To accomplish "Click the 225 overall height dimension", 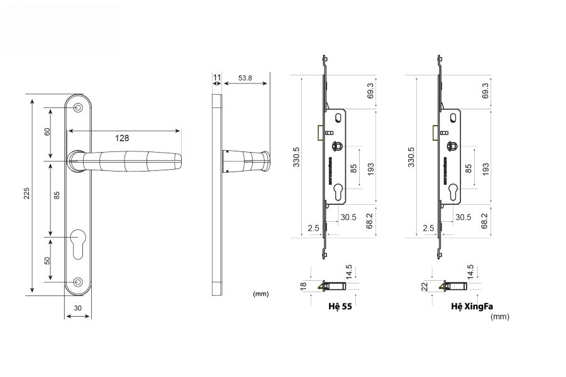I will point(26,194).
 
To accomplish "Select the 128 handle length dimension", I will point(123,138).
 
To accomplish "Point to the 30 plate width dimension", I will point(78,308).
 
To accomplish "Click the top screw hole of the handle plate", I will point(78,108).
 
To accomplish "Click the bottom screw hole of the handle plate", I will point(78,282).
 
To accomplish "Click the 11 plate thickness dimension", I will point(216,78).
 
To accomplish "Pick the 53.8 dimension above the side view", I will point(245,78).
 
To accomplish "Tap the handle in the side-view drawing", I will point(248,161).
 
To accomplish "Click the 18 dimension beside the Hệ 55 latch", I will point(303,287).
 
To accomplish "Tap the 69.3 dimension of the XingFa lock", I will point(485,91).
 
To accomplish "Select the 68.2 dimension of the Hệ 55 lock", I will point(370,221).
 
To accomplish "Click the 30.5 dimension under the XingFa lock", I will point(463,217).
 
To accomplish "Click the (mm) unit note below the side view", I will point(260,293).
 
